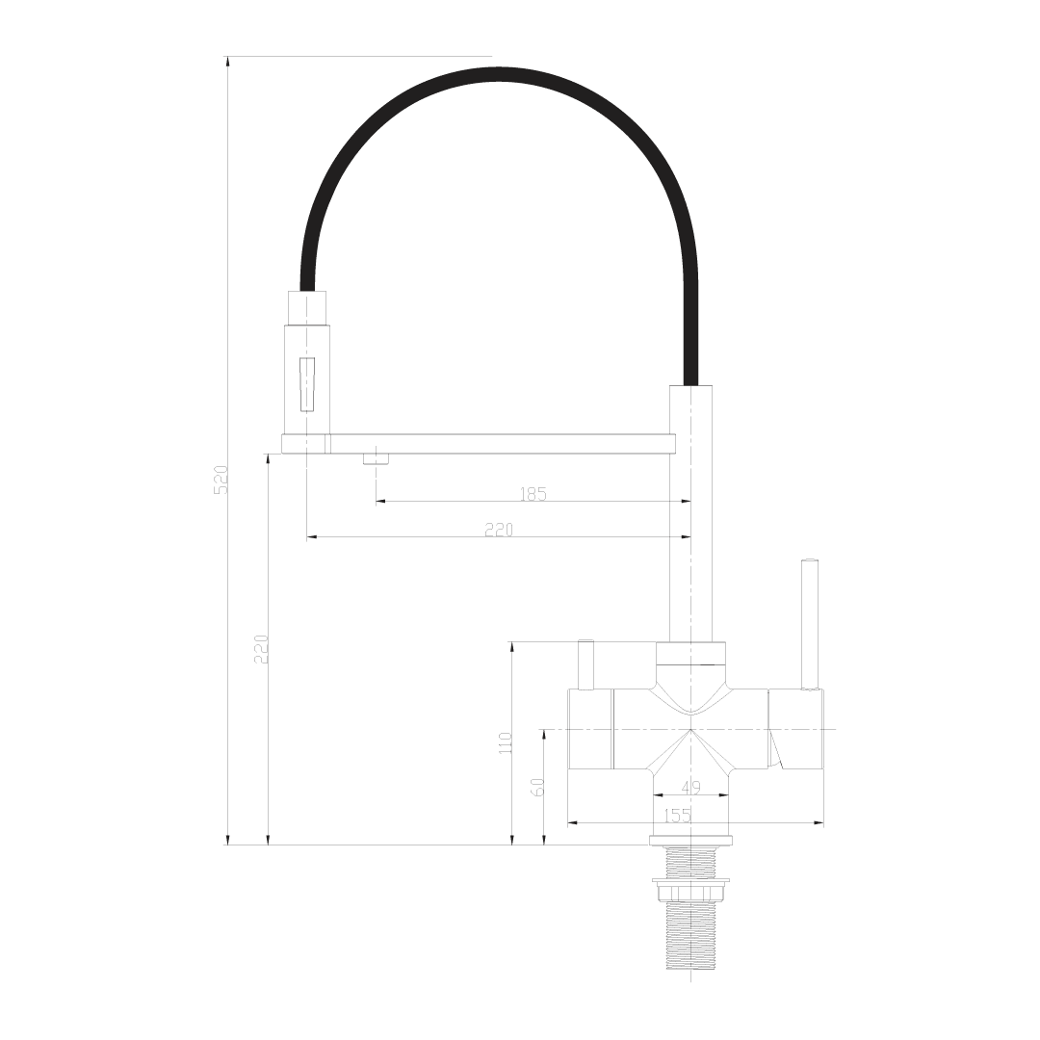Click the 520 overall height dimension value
[221, 479]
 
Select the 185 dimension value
[533, 494]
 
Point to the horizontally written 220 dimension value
[499, 530]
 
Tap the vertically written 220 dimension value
[261, 650]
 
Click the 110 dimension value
[506, 742]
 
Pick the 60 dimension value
[538, 787]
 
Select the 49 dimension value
[690, 788]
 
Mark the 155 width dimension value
[678, 816]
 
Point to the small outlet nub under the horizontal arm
[375, 458]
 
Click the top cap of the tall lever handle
[810, 560]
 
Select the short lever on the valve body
[585, 664]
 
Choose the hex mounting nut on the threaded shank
[690, 892]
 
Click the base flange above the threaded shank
[690, 841]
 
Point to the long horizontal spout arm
[481, 444]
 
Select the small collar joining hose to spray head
[308, 307]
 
